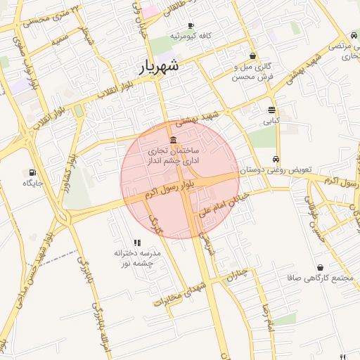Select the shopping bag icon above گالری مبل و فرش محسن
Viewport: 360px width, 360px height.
click(252, 56)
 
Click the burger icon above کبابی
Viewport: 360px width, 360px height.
click(271, 110)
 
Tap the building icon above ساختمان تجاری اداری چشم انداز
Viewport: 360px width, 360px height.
click(173, 140)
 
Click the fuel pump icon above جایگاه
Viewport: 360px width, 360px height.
click(32, 172)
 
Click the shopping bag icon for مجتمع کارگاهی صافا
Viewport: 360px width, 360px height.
click(321, 267)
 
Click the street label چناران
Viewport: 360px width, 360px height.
click(238, 275)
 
